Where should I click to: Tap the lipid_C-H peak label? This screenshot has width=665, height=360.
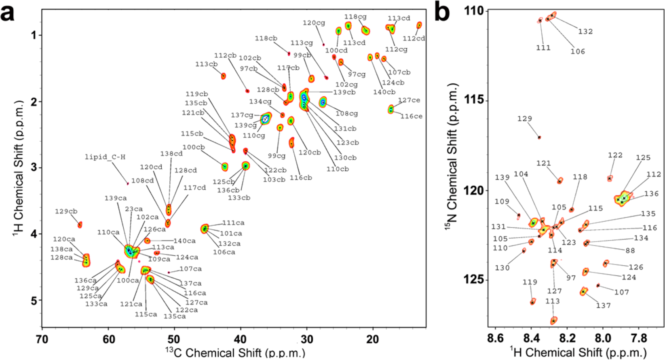(105, 157)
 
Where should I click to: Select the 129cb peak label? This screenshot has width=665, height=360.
(66, 211)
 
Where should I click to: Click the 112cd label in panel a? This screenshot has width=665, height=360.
(414, 39)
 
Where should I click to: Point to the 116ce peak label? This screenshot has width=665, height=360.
(411, 116)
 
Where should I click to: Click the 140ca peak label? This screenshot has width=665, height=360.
(184, 241)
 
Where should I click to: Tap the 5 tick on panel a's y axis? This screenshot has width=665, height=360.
(33, 300)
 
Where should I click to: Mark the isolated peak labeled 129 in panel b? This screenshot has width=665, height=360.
(539, 138)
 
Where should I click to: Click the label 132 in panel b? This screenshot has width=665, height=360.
(585, 32)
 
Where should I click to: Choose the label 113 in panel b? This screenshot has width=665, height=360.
(552, 301)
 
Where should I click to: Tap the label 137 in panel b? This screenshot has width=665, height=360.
(603, 305)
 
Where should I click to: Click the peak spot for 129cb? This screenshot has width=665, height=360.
(80, 224)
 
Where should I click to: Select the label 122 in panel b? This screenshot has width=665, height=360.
(615, 155)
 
